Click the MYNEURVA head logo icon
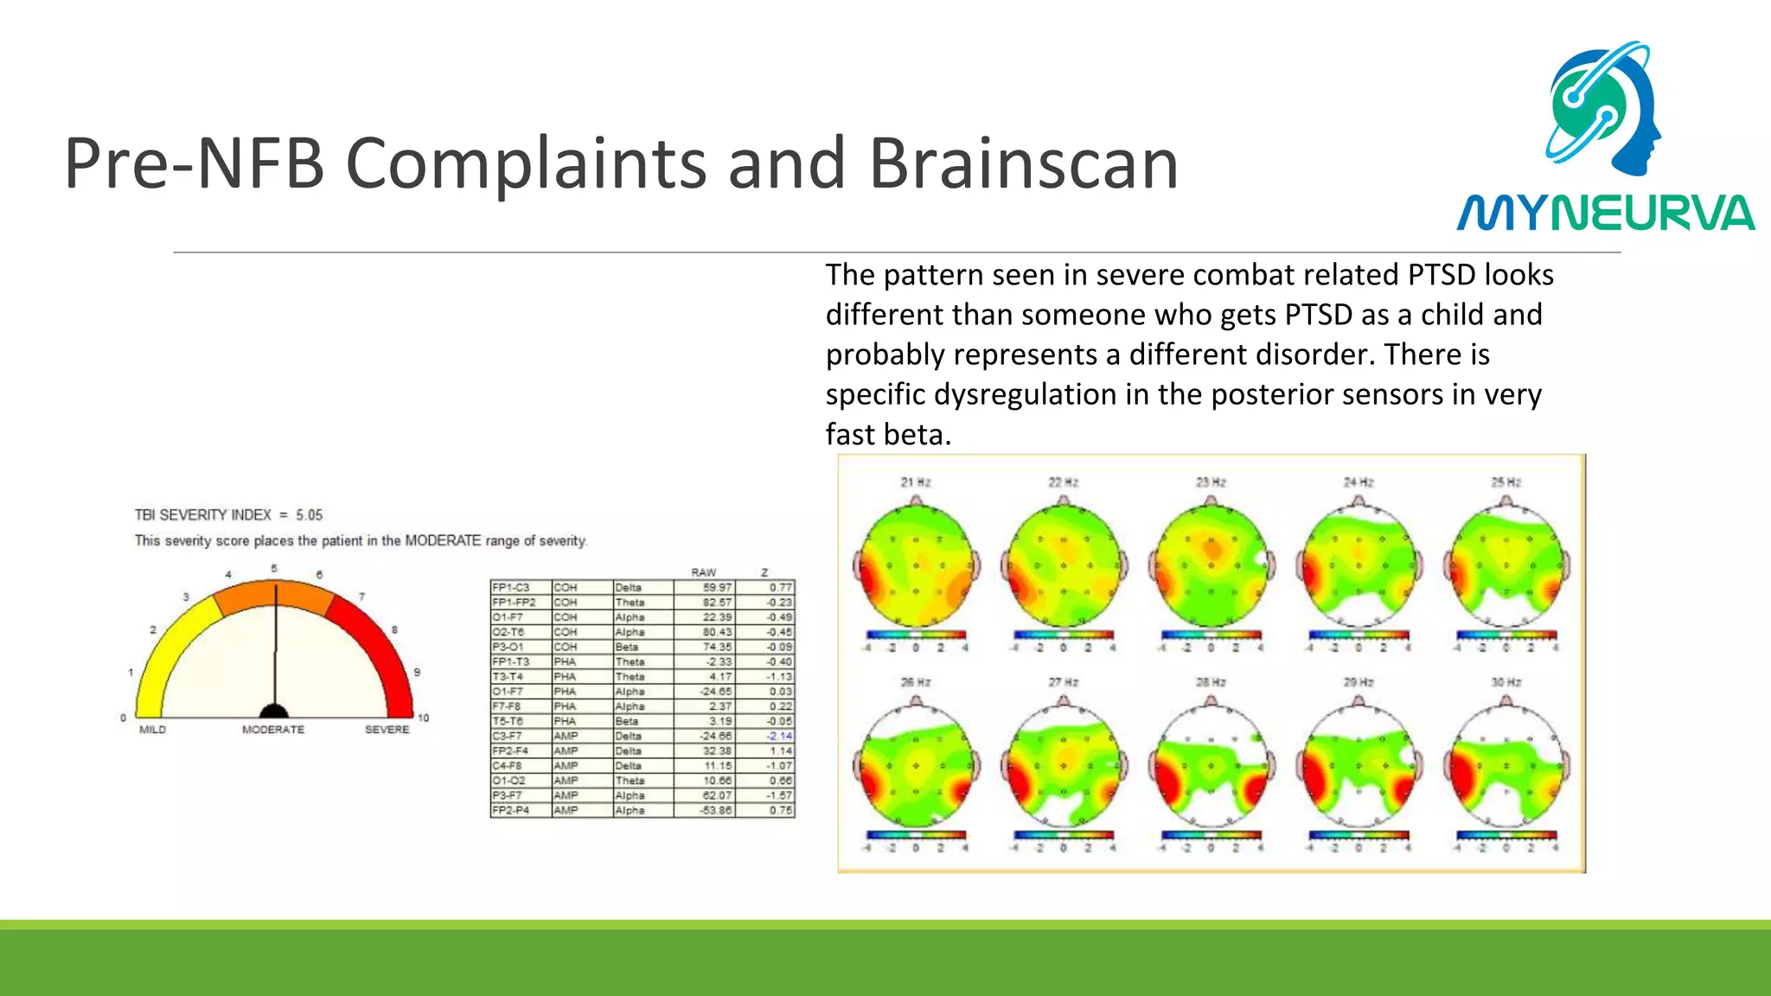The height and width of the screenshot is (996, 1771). coord(1605,108)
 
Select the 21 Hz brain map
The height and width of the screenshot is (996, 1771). coord(917,566)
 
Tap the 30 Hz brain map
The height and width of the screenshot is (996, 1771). coord(1506,766)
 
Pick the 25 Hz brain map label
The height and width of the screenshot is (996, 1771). coord(1506,482)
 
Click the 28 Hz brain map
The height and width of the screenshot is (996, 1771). coord(1212,766)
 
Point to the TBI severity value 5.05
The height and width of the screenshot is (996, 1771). coord(309,515)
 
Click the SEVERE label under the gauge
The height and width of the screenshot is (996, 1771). coord(387,730)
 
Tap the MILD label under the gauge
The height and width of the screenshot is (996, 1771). coord(152,730)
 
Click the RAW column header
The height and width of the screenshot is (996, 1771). coord(703,572)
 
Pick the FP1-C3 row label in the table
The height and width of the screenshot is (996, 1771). coord(510,588)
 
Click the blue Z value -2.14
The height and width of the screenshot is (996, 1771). coord(778,737)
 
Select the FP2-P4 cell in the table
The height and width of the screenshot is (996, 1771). coord(510,811)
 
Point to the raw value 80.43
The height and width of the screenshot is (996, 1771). coord(717,633)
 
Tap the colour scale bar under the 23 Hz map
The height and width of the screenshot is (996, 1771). coord(1211,635)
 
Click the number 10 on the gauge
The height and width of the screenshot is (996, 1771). coord(424,718)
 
